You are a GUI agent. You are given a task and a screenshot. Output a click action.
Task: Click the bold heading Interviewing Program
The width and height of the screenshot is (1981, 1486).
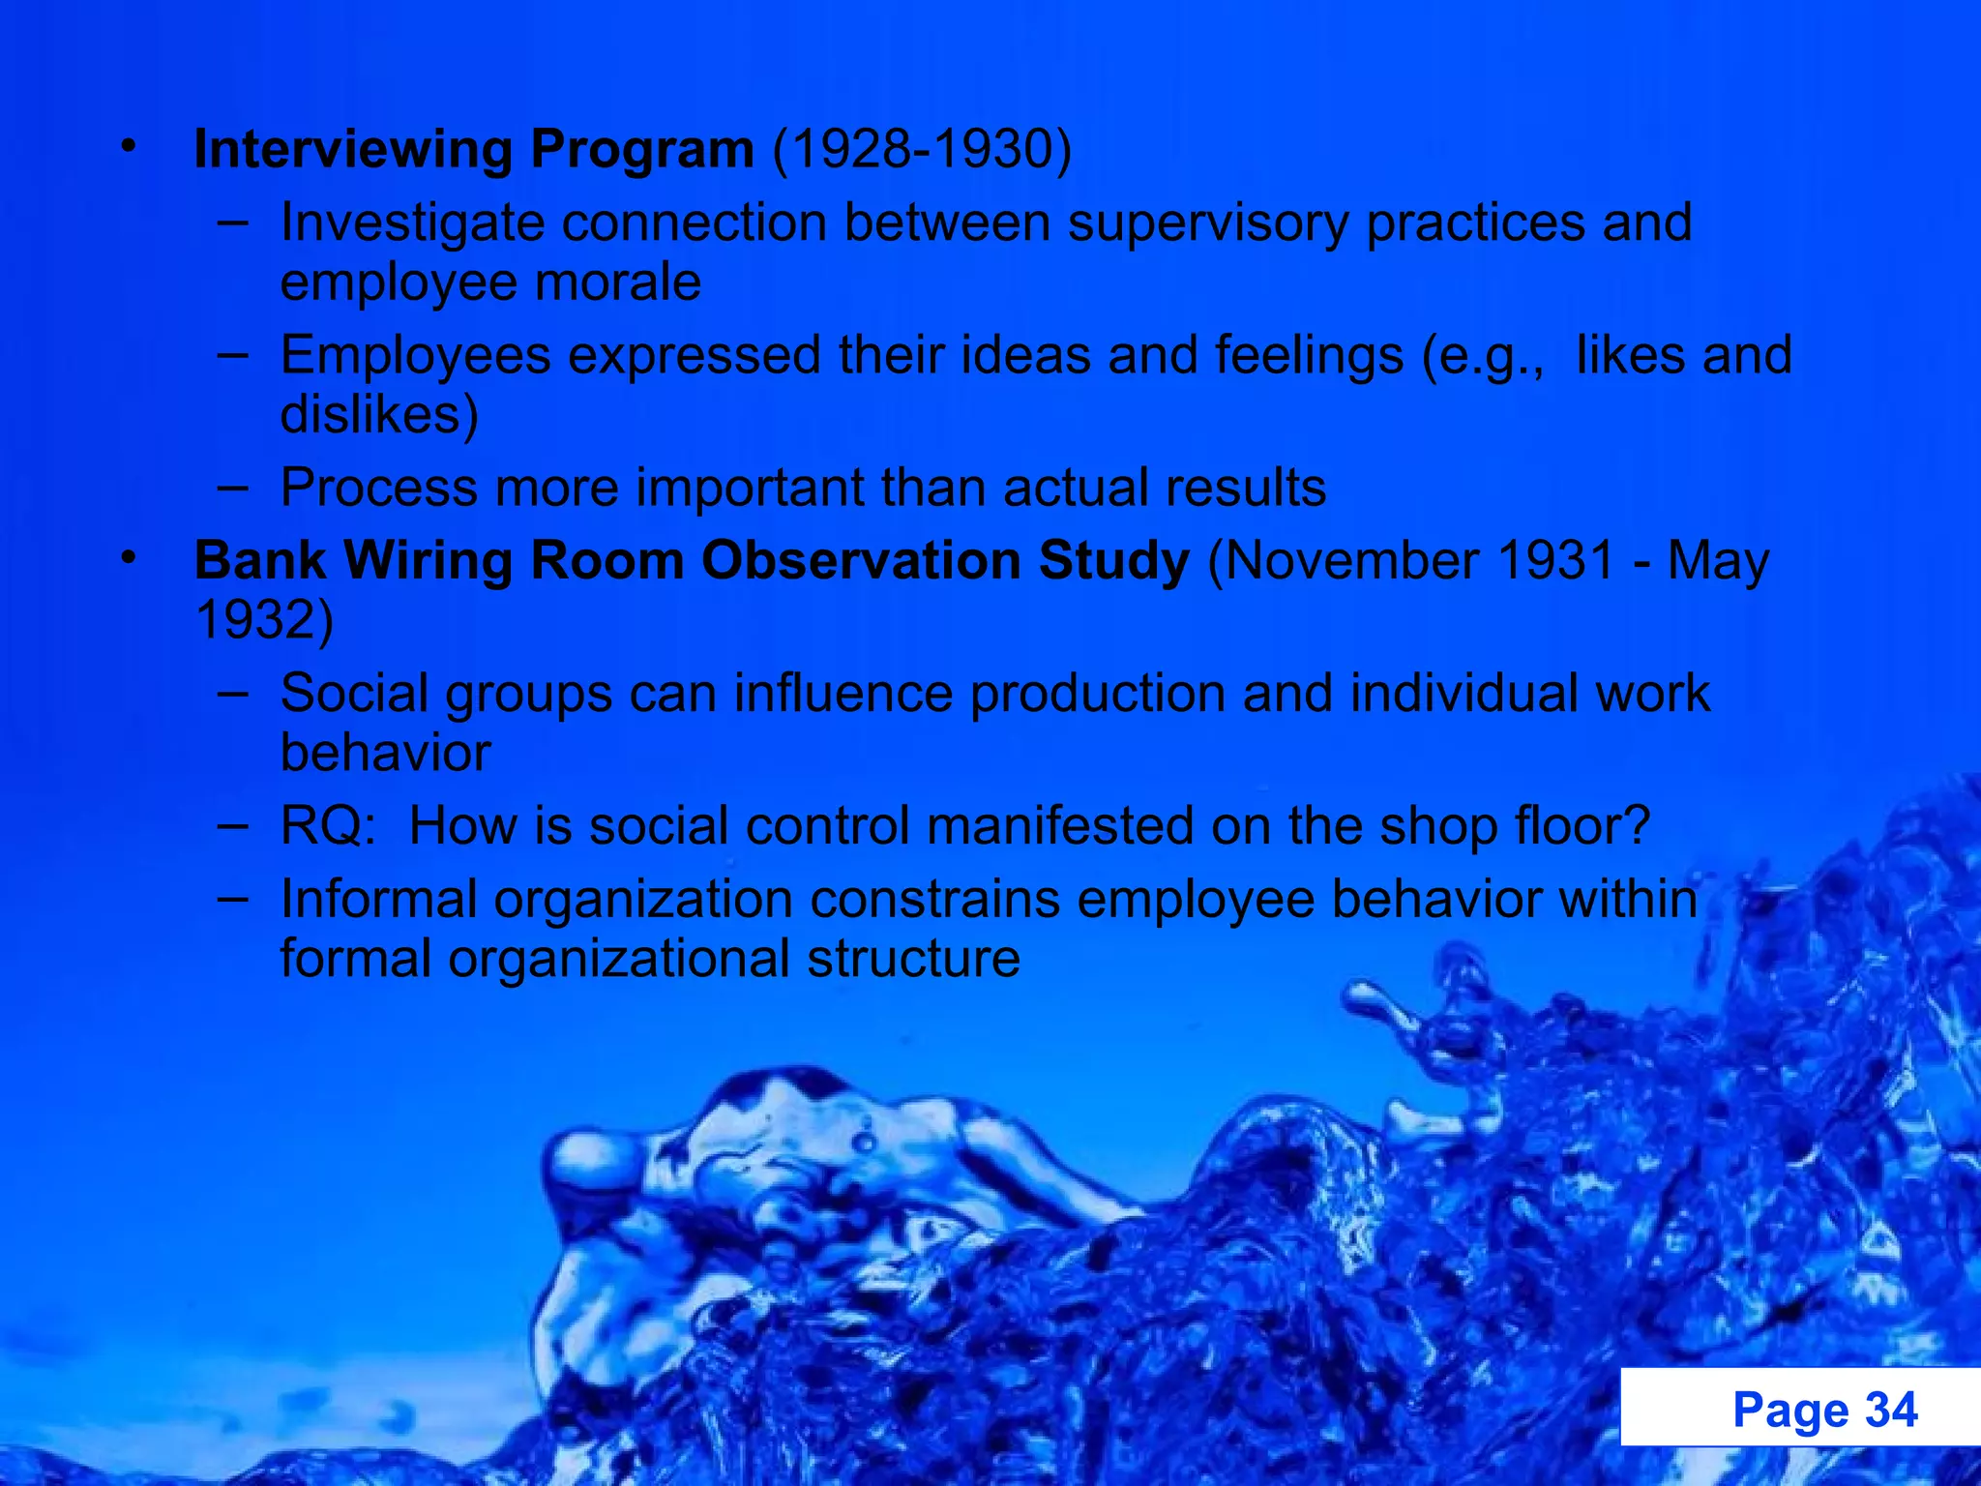pos(473,150)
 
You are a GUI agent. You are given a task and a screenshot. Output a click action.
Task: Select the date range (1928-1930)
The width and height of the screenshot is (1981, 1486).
pos(922,150)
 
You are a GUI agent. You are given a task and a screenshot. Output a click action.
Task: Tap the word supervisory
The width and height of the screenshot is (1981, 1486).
pos(1207,223)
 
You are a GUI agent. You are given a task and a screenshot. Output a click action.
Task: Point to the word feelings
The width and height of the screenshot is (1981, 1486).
pos(1309,355)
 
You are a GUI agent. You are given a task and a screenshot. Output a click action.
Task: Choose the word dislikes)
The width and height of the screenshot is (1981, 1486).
pos(379,415)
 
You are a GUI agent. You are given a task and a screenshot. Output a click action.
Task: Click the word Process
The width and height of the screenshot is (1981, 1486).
pos(379,488)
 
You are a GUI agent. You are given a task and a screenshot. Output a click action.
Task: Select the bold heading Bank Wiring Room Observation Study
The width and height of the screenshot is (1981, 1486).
pos(692,561)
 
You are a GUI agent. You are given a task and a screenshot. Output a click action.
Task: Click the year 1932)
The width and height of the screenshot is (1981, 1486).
pos(264,620)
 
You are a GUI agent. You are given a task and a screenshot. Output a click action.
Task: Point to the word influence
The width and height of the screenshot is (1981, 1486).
pos(843,694)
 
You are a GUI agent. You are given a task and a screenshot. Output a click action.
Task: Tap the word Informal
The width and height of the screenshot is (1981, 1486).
pos(378,900)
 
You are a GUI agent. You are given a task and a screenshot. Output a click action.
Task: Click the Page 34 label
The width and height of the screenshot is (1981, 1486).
pos(1824,1410)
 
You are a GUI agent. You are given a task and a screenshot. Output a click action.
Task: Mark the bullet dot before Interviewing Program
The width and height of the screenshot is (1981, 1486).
pos(129,148)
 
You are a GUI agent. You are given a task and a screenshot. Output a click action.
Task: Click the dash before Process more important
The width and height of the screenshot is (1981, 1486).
pos(232,487)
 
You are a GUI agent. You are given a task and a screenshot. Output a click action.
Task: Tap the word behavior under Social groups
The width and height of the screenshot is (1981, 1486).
pos(385,754)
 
